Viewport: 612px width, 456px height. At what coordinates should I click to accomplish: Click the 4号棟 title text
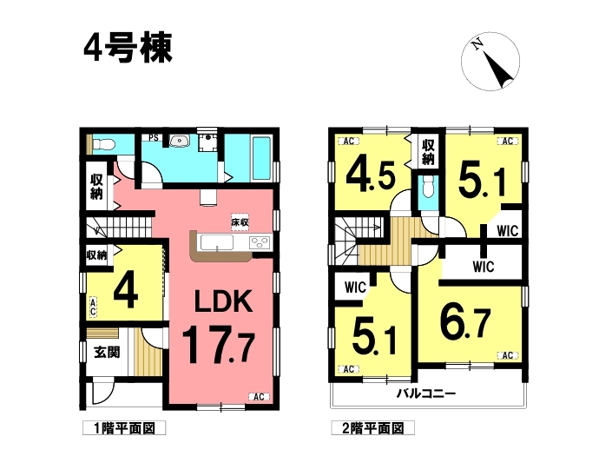click(x=128, y=48)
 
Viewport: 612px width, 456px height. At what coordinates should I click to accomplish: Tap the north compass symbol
click(x=490, y=62)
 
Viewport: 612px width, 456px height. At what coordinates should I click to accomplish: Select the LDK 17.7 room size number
click(x=219, y=344)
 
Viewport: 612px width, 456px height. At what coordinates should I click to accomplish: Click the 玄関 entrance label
click(x=107, y=353)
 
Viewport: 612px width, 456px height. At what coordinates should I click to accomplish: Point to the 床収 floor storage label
click(x=240, y=223)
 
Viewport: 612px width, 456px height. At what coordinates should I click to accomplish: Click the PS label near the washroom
click(x=155, y=138)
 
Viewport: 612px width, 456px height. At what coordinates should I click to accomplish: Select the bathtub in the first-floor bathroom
click(x=262, y=158)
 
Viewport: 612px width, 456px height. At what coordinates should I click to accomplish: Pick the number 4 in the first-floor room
click(x=126, y=290)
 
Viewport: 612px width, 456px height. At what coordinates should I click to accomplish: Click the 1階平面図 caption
click(x=124, y=428)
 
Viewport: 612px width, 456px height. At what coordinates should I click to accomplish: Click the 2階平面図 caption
click(x=372, y=428)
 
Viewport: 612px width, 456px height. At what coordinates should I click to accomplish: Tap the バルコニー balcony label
click(x=426, y=393)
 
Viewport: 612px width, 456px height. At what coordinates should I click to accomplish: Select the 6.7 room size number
click(x=465, y=323)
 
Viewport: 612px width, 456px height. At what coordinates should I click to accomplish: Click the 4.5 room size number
click(x=371, y=175)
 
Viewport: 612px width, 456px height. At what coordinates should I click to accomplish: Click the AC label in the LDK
click(x=260, y=397)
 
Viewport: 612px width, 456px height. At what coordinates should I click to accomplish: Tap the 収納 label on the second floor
click(x=428, y=152)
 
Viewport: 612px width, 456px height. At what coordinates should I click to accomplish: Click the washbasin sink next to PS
click(x=180, y=140)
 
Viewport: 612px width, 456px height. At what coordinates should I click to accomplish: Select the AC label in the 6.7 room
click(x=508, y=355)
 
